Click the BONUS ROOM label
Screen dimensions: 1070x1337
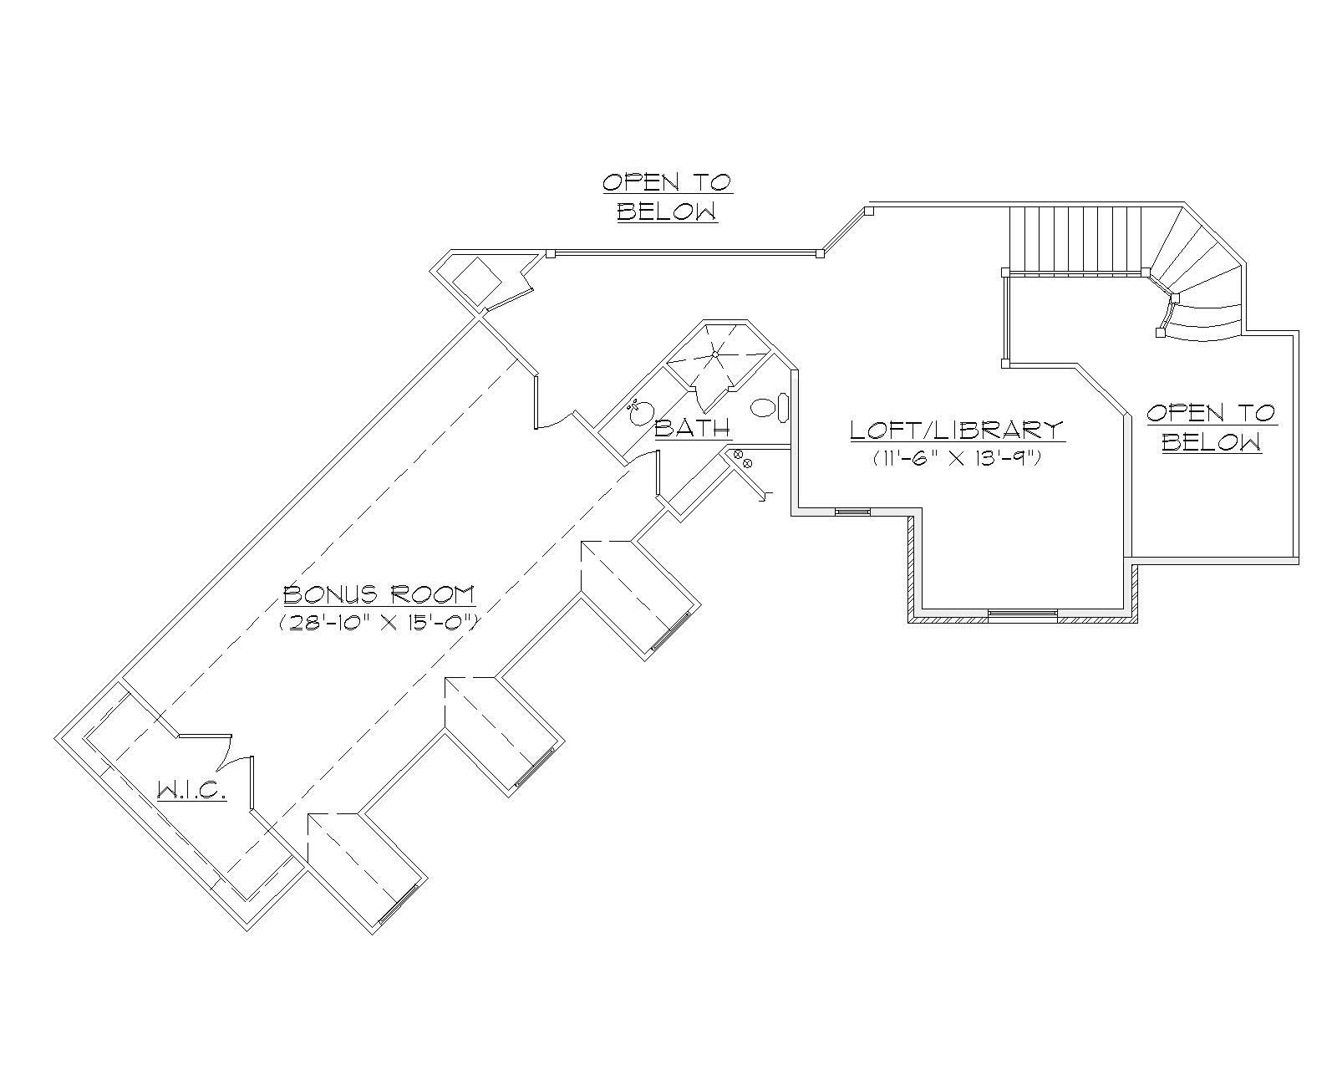379,595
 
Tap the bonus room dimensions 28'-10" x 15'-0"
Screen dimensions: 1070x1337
379,622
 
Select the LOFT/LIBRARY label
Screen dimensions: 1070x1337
957,431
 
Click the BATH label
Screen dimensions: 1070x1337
692,429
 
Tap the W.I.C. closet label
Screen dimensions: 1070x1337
191,790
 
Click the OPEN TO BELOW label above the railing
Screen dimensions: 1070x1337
667,196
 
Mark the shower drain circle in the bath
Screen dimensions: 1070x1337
716,354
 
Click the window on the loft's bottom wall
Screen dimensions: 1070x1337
1022,614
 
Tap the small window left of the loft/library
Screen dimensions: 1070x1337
852,512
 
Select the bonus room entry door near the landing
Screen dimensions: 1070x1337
553,418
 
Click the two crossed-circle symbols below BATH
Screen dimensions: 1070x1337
742,458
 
